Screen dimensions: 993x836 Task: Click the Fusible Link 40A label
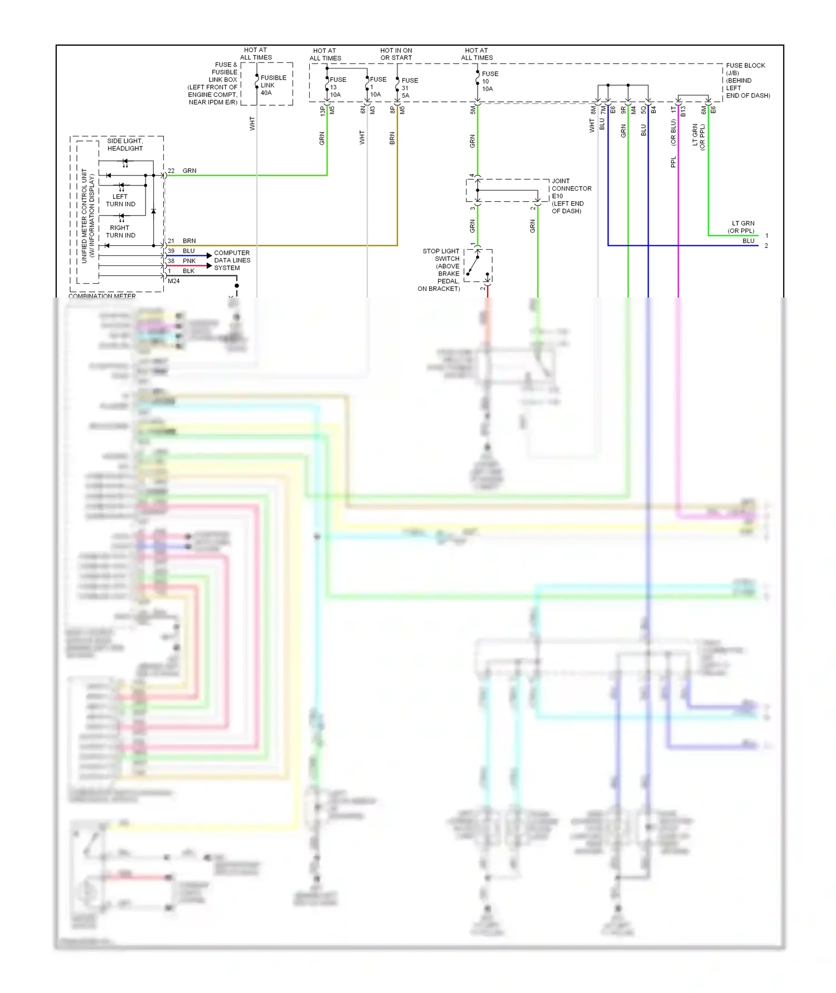pyautogui.click(x=273, y=85)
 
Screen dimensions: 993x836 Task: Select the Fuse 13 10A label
pyautogui.click(x=337, y=87)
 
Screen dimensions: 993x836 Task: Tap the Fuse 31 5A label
pyautogui.click(x=409, y=88)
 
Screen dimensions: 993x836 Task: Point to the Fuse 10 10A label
pyautogui.click(x=489, y=81)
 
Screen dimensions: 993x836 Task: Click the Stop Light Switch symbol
pyautogui.click(x=478, y=265)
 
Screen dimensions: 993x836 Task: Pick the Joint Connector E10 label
pyautogui.click(x=571, y=196)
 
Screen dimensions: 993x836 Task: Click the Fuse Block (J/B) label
pyautogui.click(x=747, y=80)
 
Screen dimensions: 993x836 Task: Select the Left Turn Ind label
pyautogui.click(x=120, y=200)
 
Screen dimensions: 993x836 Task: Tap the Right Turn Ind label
pyautogui.click(x=120, y=231)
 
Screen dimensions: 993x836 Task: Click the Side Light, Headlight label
pyautogui.click(x=125, y=144)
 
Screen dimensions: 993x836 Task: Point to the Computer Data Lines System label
pyautogui.click(x=232, y=260)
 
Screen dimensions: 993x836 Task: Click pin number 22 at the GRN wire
pyautogui.click(x=171, y=171)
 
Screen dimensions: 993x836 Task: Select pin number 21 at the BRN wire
pyautogui.click(x=171, y=241)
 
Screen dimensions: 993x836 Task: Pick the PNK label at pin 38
pyautogui.click(x=189, y=261)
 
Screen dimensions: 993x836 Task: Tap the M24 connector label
pyautogui.click(x=174, y=281)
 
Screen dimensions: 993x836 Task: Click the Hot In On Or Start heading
pyautogui.click(x=396, y=54)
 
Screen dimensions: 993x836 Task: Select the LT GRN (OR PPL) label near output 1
pyautogui.click(x=742, y=227)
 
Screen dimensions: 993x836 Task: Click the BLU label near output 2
pyautogui.click(x=748, y=241)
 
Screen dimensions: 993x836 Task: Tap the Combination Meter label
pyautogui.click(x=102, y=295)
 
